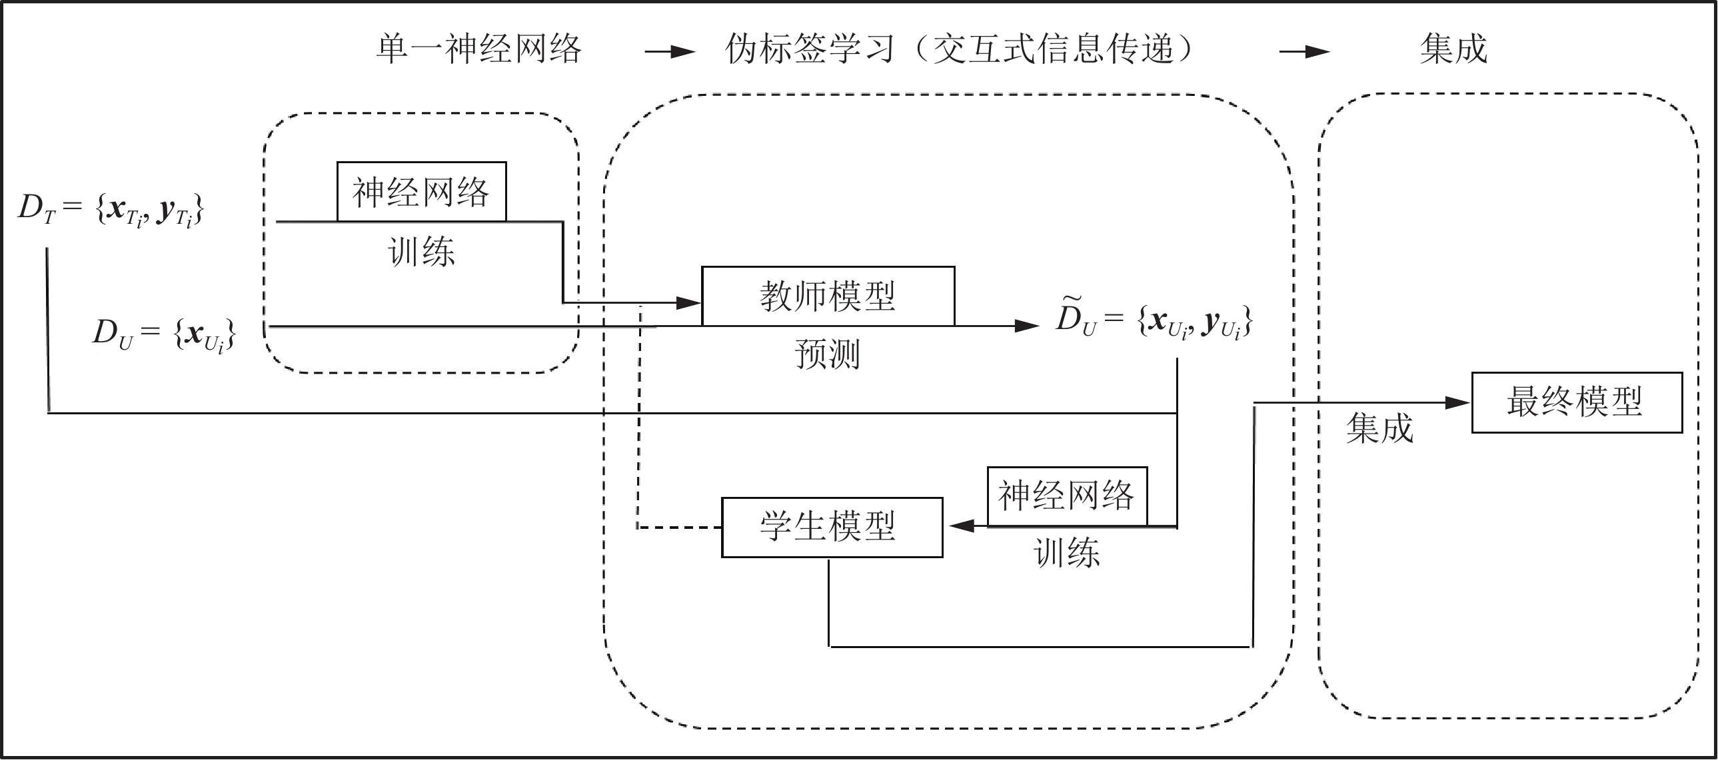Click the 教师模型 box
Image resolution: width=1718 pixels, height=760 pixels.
tap(828, 296)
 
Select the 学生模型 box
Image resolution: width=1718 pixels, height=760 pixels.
tap(832, 527)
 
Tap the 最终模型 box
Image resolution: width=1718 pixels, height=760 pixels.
tap(1577, 403)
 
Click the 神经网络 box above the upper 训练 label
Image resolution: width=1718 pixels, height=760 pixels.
tap(421, 192)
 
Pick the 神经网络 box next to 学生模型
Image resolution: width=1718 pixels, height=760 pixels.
tap(1066, 496)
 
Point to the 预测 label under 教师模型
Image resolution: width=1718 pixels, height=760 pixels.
tap(828, 354)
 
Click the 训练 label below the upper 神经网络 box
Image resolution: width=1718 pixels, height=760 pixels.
tap(421, 252)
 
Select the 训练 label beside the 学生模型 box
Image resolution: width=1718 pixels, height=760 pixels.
tap(1066, 554)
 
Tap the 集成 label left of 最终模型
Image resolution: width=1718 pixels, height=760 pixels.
tap(1379, 428)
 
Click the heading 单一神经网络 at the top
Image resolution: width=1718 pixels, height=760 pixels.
tap(479, 49)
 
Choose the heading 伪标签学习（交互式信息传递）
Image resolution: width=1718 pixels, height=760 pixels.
tap(960, 49)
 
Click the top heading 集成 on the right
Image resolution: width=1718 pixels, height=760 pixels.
tap(1454, 49)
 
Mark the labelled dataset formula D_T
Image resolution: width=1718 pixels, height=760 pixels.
tap(111, 209)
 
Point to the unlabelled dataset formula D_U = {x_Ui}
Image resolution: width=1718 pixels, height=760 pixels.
tap(163, 333)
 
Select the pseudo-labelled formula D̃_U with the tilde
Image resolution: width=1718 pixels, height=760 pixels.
tap(1154, 320)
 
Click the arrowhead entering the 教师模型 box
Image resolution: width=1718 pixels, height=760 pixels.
tap(689, 303)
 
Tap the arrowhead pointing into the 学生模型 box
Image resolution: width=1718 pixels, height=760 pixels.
tap(961, 526)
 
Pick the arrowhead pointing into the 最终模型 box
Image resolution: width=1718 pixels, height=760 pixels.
tap(1459, 403)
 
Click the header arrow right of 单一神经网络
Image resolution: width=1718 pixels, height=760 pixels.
tap(670, 52)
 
